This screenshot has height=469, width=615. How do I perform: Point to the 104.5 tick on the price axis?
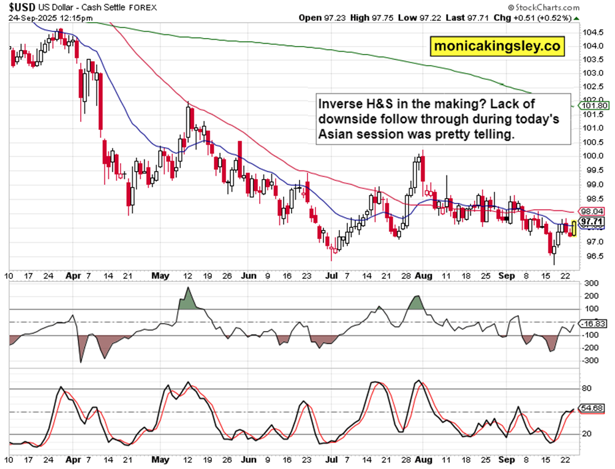click(590, 32)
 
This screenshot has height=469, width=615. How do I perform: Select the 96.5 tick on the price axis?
click(589, 256)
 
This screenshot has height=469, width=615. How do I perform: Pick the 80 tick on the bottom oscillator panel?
click(586, 388)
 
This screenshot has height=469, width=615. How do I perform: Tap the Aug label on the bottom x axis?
click(423, 459)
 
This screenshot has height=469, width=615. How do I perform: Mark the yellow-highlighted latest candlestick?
click(573, 229)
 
